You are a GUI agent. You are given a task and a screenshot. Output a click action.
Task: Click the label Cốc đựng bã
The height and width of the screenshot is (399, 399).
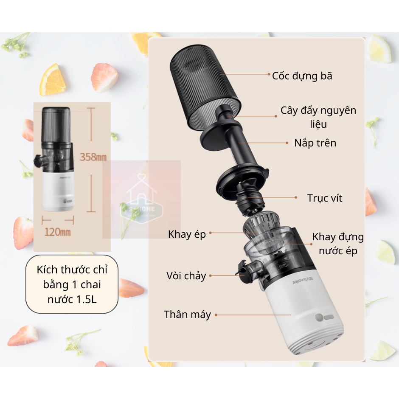[302, 76]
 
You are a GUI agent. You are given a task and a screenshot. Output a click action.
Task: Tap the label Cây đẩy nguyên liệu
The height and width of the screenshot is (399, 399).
[318, 117]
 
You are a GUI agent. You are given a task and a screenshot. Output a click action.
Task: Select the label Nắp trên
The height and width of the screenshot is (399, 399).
[315, 143]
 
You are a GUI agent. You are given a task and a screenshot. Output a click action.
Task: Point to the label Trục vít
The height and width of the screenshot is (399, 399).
[324, 198]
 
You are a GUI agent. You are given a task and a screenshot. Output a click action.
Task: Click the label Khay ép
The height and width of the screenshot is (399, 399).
[187, 234]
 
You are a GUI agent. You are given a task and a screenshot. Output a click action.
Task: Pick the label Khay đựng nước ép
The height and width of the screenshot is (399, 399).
[338, 244]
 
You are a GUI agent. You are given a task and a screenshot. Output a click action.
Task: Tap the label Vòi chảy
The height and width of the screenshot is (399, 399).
[186, 276]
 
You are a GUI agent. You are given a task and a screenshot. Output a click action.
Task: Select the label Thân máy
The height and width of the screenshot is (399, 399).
[187, 315]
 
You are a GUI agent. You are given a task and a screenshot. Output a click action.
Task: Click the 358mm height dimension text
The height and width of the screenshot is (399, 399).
[93, 157]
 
